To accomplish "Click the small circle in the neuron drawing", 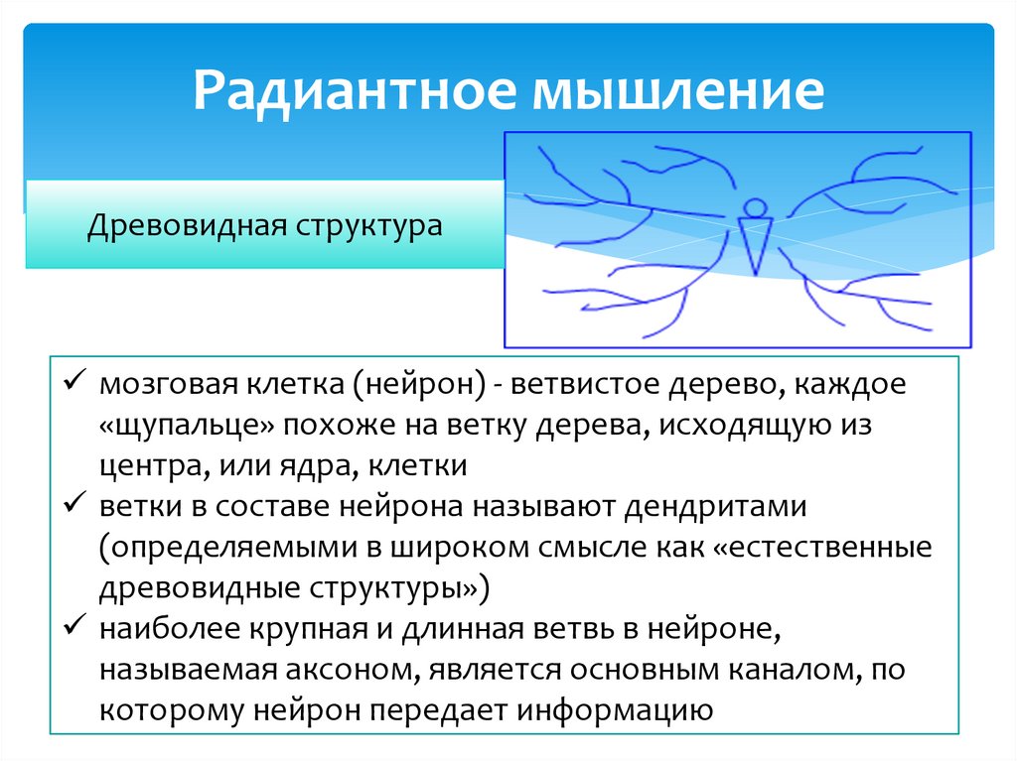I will pyautogui.click(x=755, y=207).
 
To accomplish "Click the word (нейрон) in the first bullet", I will pyautogui.click(x=423, y=385).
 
